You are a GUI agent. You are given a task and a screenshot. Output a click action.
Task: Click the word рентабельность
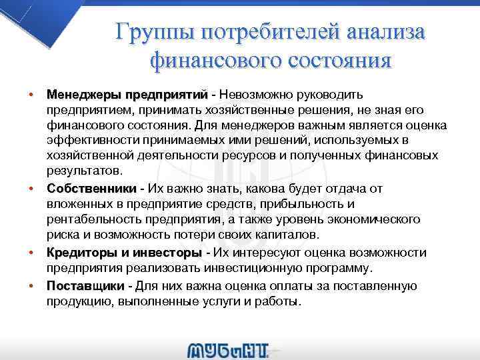click(91, 219)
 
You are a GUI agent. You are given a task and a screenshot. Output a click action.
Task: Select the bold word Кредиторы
click(76, 253)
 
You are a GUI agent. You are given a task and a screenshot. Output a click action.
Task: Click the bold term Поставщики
click(85, 285)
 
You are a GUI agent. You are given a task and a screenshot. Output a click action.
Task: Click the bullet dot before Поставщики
click(31, 285)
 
